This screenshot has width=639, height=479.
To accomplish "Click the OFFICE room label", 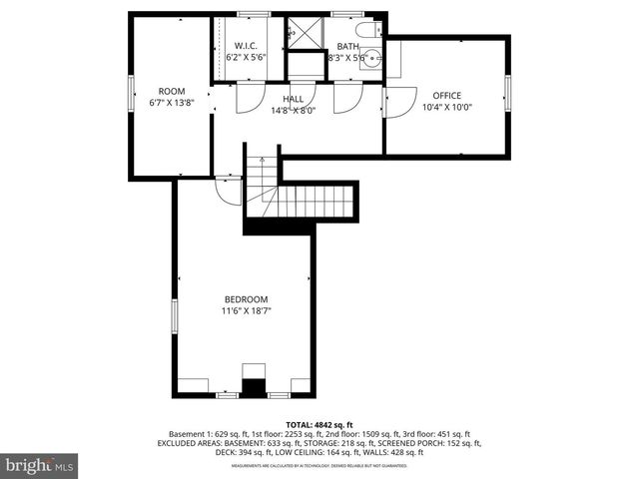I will tap(446, 95).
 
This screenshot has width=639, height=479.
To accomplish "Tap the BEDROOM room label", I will tap(246, 299).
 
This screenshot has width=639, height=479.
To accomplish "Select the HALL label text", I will tap(293, 99).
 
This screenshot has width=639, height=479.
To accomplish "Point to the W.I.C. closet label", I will tap(246, 46).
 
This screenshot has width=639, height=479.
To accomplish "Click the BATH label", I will tap(347, 46).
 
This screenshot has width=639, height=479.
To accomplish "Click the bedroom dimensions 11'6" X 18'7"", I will tap(246, 311).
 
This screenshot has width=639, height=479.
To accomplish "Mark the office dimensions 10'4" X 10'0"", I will tap(446, 107).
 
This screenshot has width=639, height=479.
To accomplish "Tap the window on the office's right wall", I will tap(507, 95).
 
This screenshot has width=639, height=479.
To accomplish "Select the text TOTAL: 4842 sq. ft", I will tap(319, 425).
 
